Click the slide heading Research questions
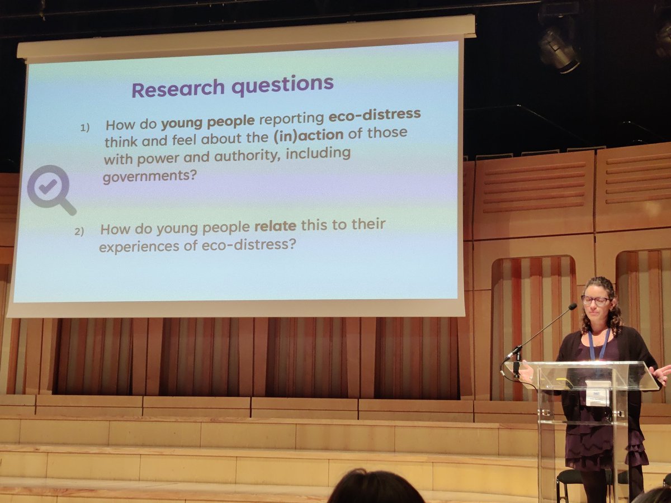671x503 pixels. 232,86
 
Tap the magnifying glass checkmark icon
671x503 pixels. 50,189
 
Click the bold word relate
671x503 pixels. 276,226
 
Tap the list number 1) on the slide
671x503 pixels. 84,127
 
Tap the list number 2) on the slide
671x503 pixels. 79,231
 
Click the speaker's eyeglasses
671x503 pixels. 595,300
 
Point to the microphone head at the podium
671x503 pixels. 572,307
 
